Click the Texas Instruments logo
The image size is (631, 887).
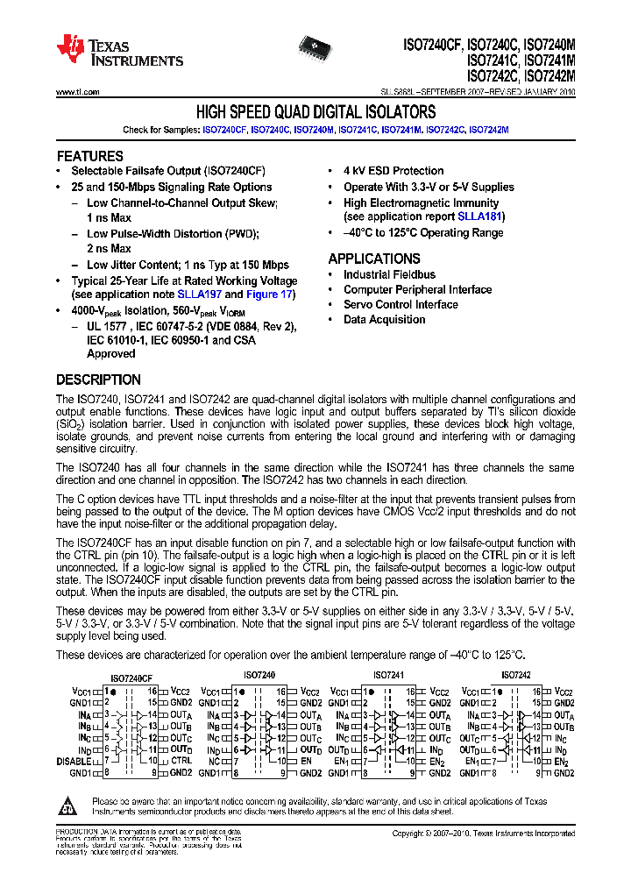click(x=119, y=51)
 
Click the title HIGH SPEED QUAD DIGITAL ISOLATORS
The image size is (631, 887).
click(x=315, y=112)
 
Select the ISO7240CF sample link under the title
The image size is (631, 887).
click(x=223, y=130)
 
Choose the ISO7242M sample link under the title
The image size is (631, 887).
click(x=488, y=130)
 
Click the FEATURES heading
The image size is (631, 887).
click(x=89, y=156)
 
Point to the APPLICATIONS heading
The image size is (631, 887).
click(x=374, y=259)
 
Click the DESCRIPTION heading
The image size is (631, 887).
click(x=98, y=380)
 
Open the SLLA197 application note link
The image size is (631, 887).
click(x=200, y=294)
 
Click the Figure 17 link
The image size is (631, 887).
click(x=269, y=294)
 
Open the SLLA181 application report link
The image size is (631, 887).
click(x=479, y=216)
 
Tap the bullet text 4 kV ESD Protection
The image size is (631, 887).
click(x=393, y=171)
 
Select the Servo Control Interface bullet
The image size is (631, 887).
click(x=401, y=304)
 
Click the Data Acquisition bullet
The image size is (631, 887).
click(x=384, y=319)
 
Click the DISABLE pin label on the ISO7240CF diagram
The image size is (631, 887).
click(x=74, y=761)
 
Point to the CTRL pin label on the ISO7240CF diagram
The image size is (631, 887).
click(x=181, y=761)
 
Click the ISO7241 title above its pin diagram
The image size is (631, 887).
click(x=388, y=676)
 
